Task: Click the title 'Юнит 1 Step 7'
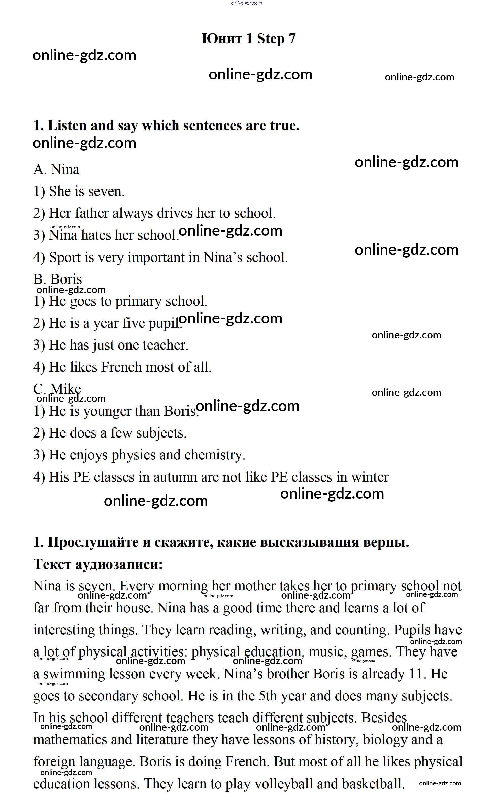(x=248, y=39)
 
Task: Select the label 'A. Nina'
(x=56, y=170)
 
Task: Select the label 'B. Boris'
(x=58, y=279)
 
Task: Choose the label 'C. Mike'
(x=57, y=389)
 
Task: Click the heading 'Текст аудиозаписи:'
(x=98, y=564)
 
